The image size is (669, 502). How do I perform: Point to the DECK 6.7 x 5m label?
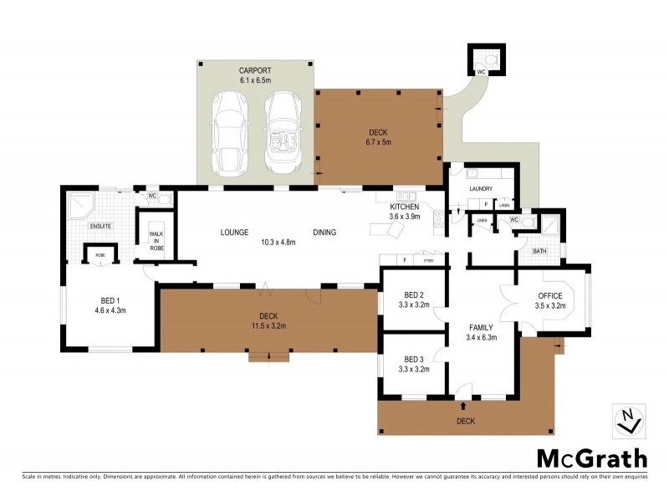tap(380, 137)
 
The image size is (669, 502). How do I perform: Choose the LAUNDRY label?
tap(482, 189)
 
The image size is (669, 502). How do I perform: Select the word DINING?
tap(324, 233)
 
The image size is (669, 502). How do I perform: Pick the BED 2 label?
tap(414, 300)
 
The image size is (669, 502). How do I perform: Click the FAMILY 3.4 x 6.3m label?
tap(480, 332)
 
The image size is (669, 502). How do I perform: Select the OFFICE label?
tap(550, 300)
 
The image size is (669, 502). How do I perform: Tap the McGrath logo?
tap(591, 458)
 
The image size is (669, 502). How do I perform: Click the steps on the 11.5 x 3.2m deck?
tap(268, 358)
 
